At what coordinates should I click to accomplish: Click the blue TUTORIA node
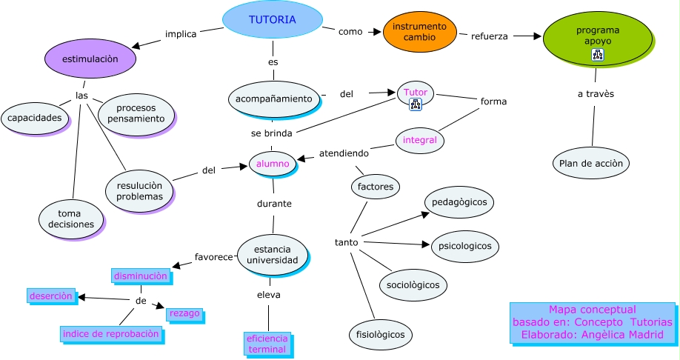click(272, 20)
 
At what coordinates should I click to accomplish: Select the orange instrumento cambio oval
click(419, 32)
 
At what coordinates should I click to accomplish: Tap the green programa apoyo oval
click(597, 37)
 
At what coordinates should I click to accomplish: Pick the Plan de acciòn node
click(590, 163)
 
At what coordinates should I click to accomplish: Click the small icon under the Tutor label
click(416, 105)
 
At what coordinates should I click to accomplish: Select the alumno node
click(272, 163)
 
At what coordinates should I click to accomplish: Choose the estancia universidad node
click(272, 255)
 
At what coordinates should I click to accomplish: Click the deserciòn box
click(51, 296)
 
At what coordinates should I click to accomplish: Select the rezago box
click(184, 313)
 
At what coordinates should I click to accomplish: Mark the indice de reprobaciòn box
click(111, 334)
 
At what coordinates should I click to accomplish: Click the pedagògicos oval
click(459, 201)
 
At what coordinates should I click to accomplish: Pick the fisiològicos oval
click(380, 335)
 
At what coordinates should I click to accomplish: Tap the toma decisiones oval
click(70, 219)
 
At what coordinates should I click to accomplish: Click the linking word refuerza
click(490, 36)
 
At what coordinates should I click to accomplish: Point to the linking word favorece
click(213, 257)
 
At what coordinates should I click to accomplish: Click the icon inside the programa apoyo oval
click(597, 55)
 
